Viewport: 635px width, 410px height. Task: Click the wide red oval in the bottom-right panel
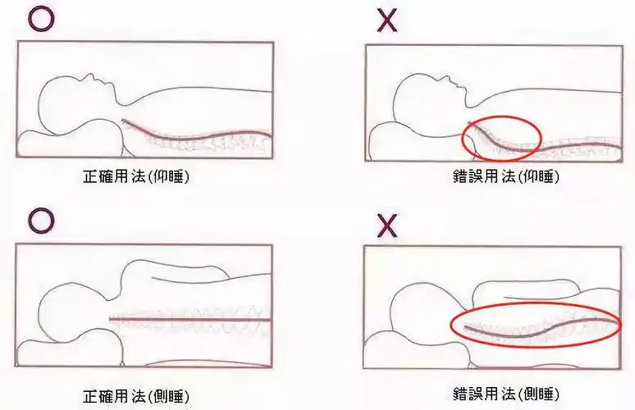pyautogui.click(x=536, y=325)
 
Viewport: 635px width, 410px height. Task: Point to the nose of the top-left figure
pyautogui.click(x=98, y=78)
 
